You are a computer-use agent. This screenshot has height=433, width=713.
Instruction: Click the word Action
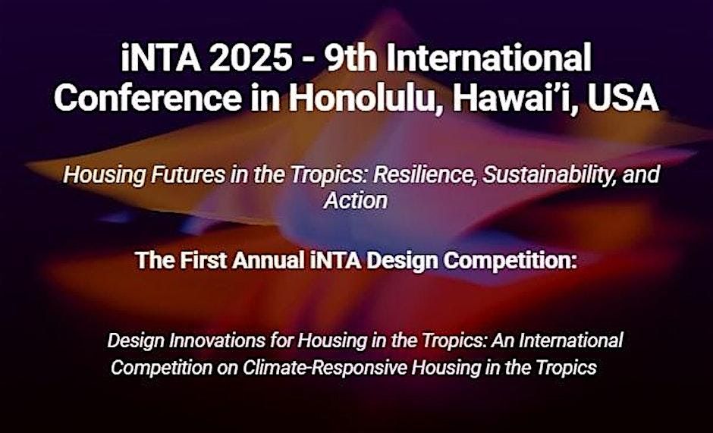pos(356,201)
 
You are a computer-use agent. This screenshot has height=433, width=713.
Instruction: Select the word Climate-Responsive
pos(319,368)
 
